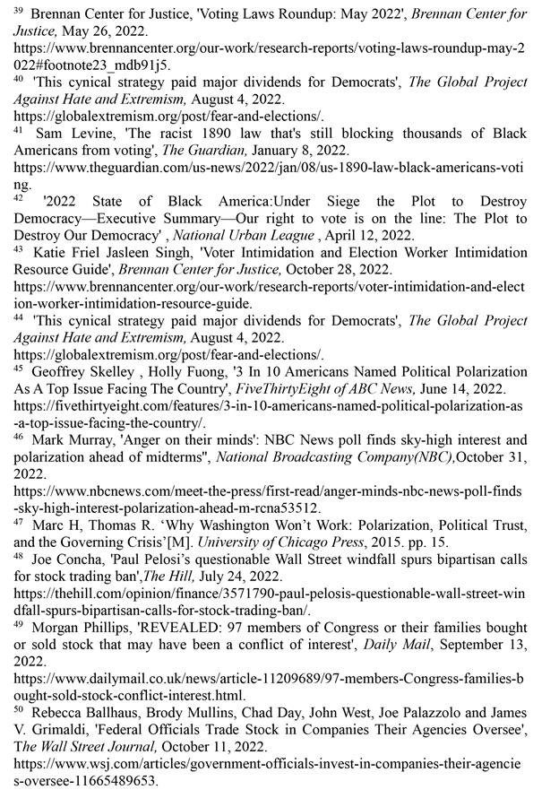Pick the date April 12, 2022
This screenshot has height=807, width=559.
(x=374, y=235)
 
